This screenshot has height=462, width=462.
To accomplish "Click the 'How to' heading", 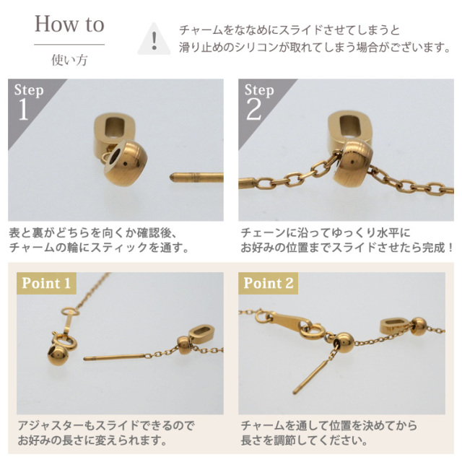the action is point(69,24).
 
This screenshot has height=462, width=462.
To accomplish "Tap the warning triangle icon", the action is point(154,39).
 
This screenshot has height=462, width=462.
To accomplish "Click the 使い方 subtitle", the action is point(69,60).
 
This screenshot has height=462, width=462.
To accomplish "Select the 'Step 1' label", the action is point(28,101).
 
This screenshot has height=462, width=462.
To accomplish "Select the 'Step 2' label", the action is point(258,101).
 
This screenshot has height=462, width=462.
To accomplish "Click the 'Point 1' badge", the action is point(46,283).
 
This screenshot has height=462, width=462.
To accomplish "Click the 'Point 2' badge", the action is point(268,283).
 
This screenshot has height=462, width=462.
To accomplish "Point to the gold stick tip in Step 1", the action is point(171,177).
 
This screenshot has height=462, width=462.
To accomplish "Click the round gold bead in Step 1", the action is point(126,163).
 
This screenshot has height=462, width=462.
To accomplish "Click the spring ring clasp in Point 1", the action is point(65,341).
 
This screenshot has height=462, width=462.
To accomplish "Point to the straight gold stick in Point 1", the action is point(114,357).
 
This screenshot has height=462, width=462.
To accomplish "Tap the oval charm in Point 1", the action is point(201,334).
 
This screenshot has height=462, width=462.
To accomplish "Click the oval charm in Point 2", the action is point(396,326).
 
